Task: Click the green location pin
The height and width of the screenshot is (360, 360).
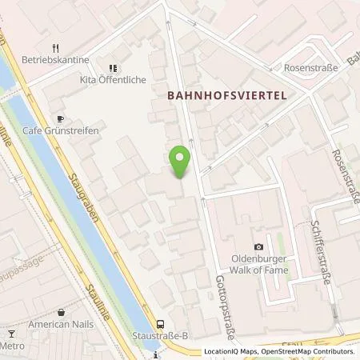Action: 181,162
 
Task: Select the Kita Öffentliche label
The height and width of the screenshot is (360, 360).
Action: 114,80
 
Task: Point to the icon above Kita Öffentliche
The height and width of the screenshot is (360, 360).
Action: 113,68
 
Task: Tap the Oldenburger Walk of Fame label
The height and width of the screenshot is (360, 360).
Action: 258,263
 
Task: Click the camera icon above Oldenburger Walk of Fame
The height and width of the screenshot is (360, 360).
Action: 258,246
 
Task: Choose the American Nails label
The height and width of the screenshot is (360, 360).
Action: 61,324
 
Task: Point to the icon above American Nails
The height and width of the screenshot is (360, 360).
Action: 61,312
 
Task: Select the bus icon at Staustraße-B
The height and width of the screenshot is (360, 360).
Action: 161,324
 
